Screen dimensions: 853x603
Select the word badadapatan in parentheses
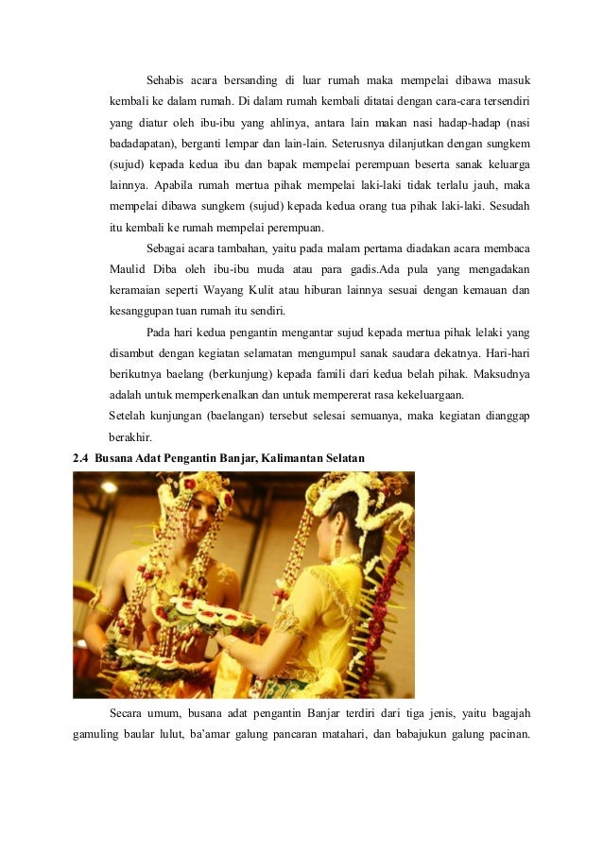click(x=143, y=144)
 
